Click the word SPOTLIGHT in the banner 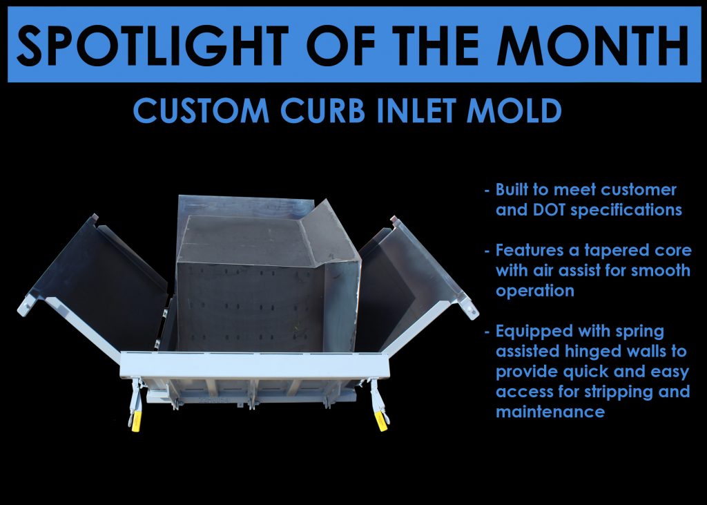[153, 45]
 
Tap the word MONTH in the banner [594, 45]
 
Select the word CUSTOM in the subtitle [201, 111]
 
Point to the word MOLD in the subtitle [514, 111]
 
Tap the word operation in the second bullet [535, 291]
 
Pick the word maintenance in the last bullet [550, 412]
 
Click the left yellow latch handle [136, 421]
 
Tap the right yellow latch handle [381, 421]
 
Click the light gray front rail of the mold [254, 365]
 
